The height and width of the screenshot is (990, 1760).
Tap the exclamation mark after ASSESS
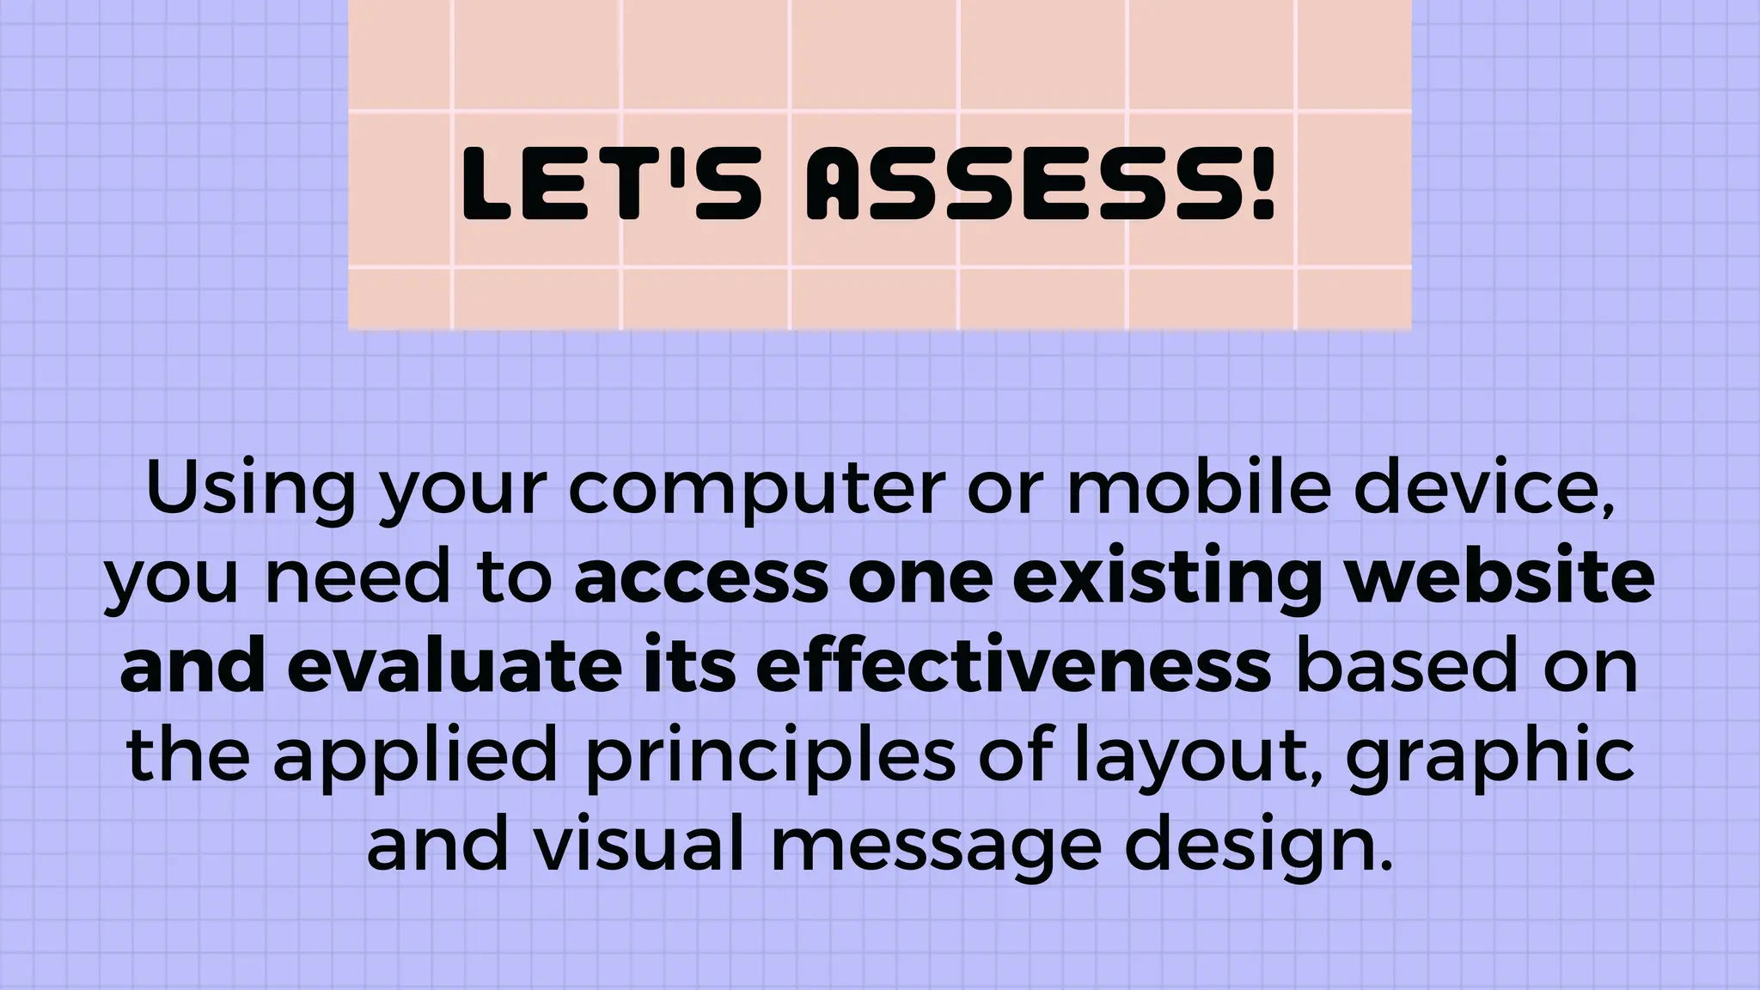(x=1262, y=182)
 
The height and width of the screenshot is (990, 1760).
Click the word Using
(x=250, y=488)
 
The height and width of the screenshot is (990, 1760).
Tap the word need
(x=357, y=577)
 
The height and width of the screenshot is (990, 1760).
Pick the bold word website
(x=1500, y=576)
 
